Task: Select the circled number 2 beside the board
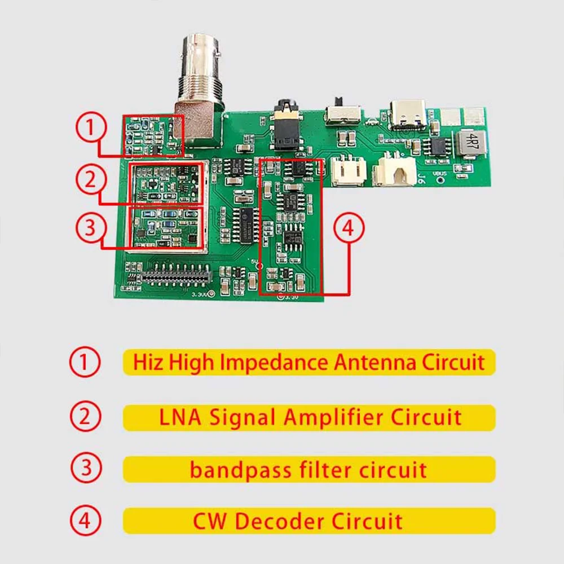pos(90,179)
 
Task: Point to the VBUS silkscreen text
pos(439,173)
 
